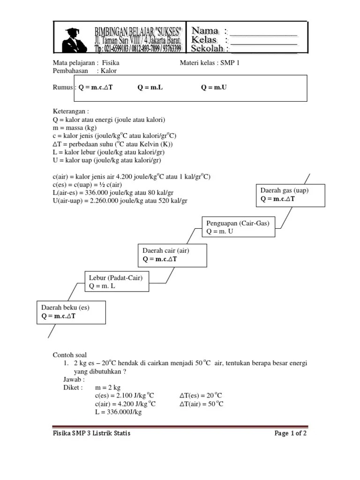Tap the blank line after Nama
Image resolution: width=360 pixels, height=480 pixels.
pyautogui.click(x=263, y=32)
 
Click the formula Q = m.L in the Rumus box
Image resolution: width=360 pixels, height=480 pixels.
pyautogui.click(x=150, y=87)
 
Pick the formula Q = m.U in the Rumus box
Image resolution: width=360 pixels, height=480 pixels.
pyautogui.click(x=214, y=87)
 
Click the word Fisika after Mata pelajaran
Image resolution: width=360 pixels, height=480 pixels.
pyautogui.click(x=111, y=62)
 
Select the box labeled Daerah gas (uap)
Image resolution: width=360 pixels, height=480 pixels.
pyautogui.click(x=290, y=195)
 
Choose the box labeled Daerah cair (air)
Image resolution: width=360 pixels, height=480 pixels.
pyautogui.click(x=172, y=255)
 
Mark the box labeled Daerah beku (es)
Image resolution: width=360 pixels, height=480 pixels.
pyautogui.click(x=71, y=312)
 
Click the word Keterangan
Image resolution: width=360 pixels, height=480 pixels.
pyautogui.click(x=69, y=112)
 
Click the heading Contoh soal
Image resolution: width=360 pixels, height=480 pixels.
pyautogui.click(x=69, y=355)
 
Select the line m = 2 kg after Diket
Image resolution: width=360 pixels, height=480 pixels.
pyautogui.click(x=108, y=388)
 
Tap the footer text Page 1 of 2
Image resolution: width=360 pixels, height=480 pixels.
pyautogui.click(x=290, y=433)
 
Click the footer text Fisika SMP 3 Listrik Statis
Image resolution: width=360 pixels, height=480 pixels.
pyautogui.click(x=91, y=433)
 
